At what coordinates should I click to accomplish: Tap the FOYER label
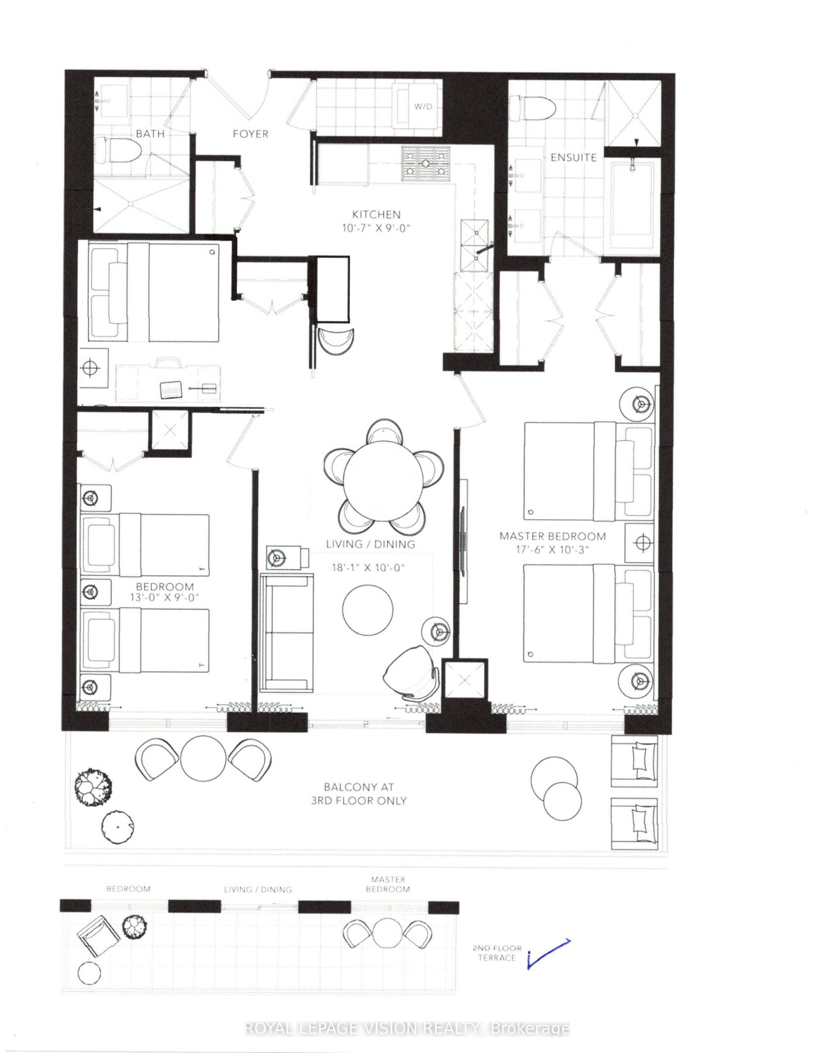(x=251, y=133)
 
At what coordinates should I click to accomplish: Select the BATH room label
(x=150, y=133)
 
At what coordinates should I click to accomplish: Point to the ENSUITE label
(x=573, y=157)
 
